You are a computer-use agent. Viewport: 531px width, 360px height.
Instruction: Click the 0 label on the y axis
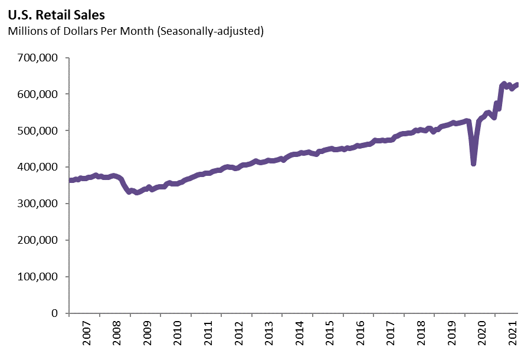[x=57, y=313]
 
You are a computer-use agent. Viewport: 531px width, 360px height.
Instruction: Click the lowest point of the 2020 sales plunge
[x=473, y=163]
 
